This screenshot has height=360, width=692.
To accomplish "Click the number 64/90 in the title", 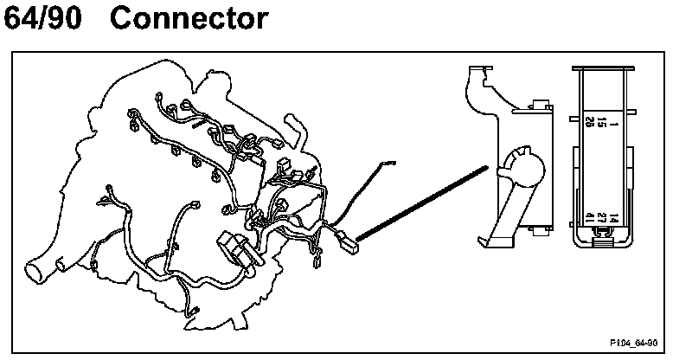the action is tap(44, 19).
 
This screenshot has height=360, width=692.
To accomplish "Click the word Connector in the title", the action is tap(189, 19).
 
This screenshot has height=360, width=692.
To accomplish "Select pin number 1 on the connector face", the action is tap(612, 125).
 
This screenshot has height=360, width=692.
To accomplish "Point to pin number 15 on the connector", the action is tap(600, 125).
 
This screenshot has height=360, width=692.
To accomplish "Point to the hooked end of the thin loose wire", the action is tap(388, 162).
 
